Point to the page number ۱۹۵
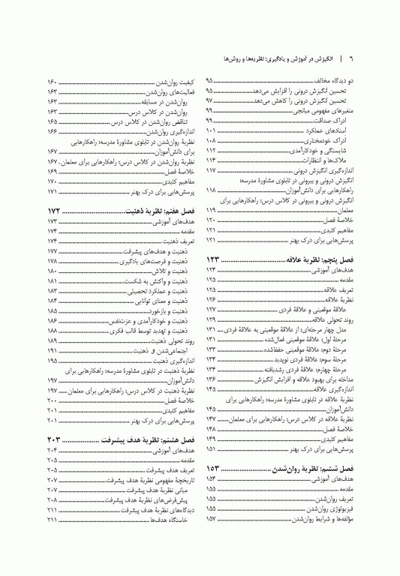[52, 361]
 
